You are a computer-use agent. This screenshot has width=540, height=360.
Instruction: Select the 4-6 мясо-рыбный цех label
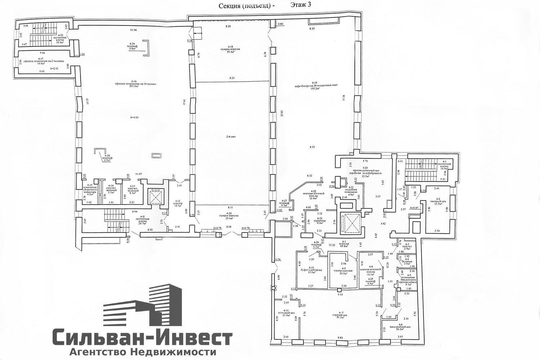tap(403, 327)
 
